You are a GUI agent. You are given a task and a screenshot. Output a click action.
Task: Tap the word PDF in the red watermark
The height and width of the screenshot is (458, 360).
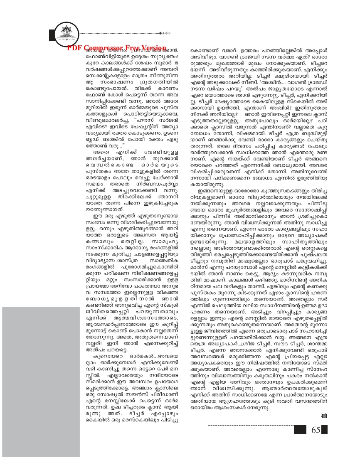click(x=75, y=48)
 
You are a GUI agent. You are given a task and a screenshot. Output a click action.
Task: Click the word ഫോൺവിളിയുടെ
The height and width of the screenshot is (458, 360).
click(x=104, y=57)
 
